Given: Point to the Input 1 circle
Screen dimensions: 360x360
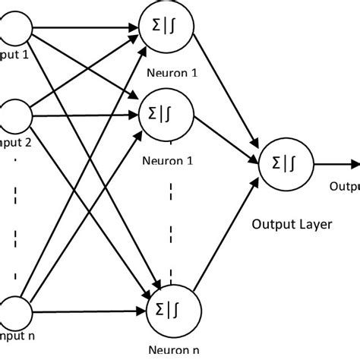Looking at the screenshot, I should (x=14, y=31).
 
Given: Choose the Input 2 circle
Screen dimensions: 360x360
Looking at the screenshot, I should (x=14, y=115).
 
